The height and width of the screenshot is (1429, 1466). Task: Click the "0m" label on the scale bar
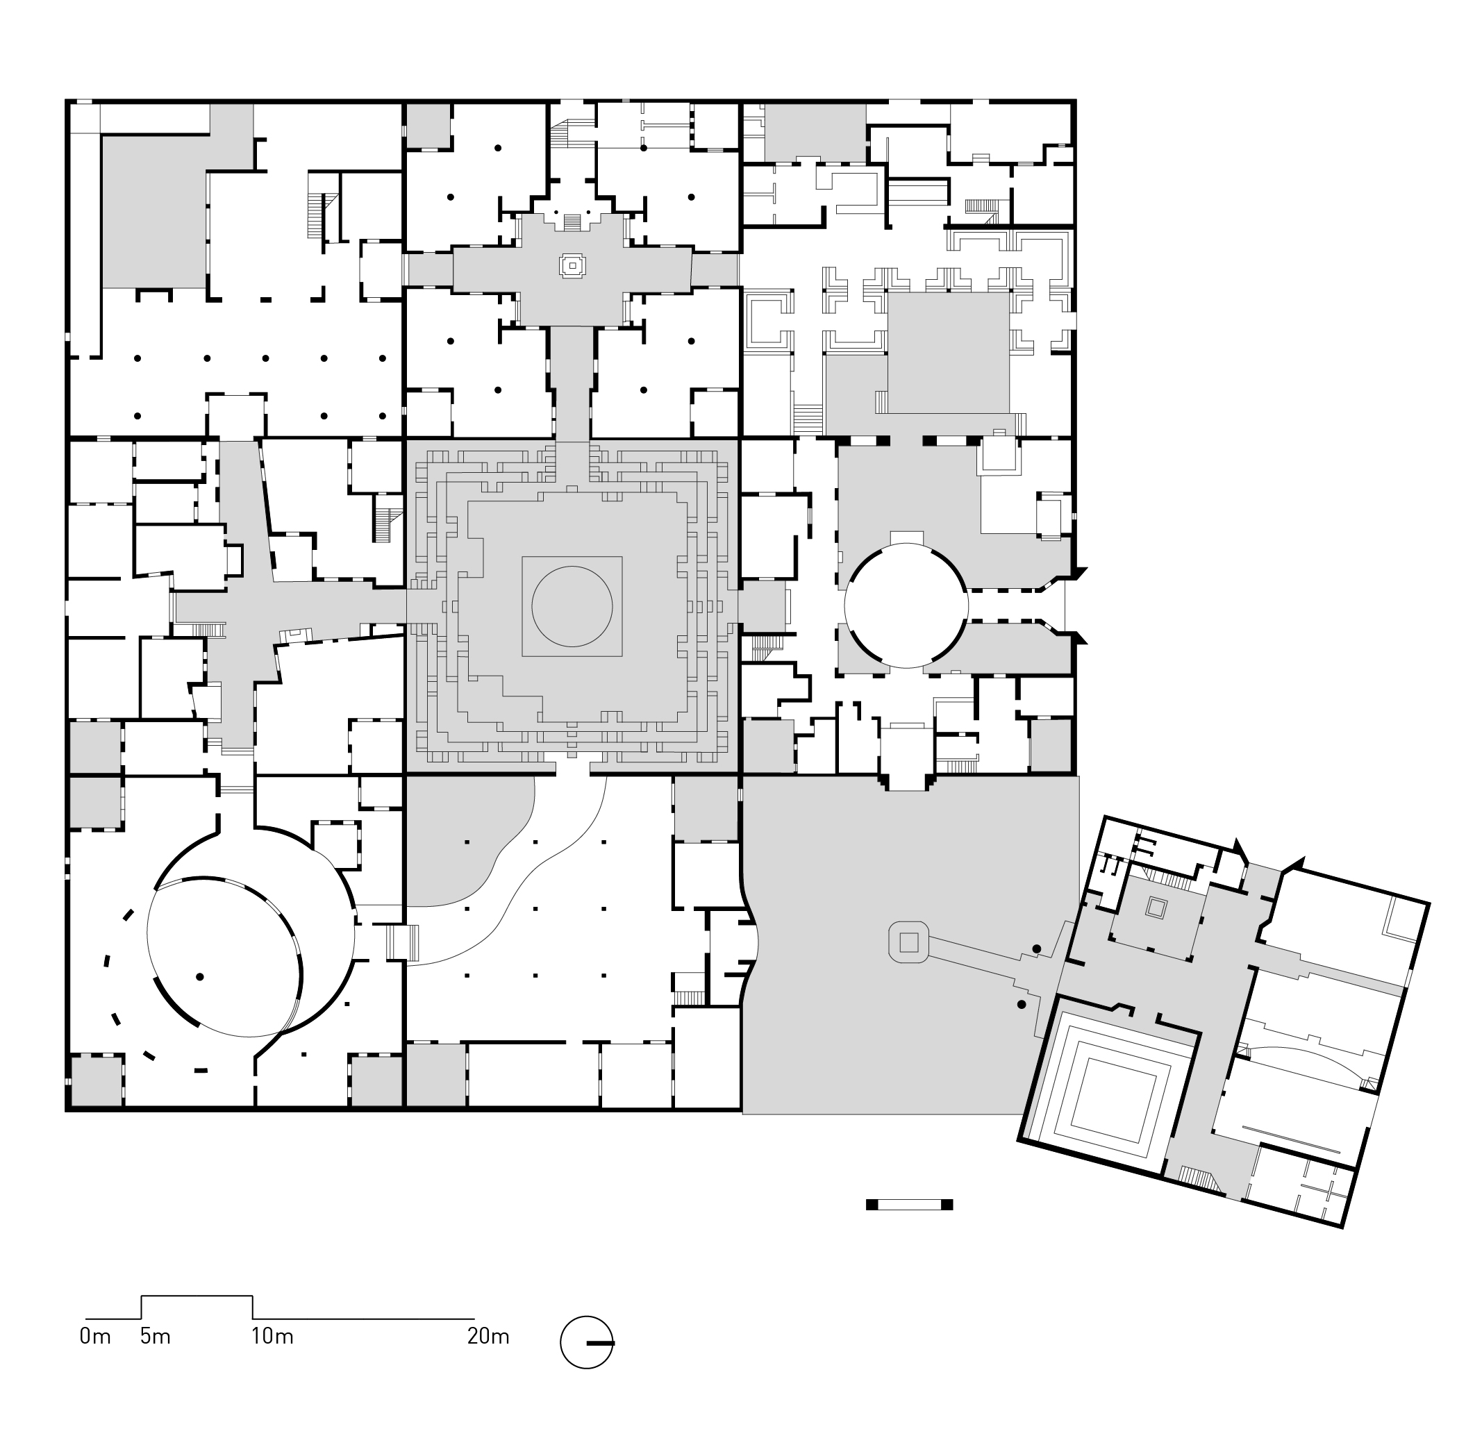coord(95,1337)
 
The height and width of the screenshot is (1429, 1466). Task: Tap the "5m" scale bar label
coord(156,1337)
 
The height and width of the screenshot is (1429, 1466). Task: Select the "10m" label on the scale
coord(272,1337)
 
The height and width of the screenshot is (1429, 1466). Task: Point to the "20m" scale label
coord(488,1337)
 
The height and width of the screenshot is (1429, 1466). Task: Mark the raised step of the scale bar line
coord(197,1296)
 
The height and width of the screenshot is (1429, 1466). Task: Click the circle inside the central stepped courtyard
coord(572,606)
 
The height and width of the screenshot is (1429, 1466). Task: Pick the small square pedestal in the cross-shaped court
coord(573,265)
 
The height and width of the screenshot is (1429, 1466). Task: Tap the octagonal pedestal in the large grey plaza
coord(909,942)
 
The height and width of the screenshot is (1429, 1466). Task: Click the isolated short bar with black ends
coord(909,1205)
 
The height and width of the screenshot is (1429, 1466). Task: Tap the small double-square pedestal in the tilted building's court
coord(1156,909)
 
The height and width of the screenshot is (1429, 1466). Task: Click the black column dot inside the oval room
coord(200,976)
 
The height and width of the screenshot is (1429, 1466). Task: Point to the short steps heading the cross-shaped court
coord(572,222)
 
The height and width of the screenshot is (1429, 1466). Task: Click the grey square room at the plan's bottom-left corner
coord(95,1080)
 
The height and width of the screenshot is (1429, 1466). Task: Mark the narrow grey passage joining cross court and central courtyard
coord(573,383)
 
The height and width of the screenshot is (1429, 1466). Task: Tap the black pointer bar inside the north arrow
coord(601,1343)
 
